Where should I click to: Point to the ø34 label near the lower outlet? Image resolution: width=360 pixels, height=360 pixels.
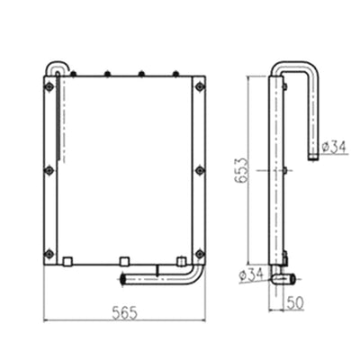252,274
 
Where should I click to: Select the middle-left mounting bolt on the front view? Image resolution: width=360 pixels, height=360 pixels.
49,169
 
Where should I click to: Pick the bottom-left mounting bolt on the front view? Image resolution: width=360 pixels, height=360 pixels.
49,252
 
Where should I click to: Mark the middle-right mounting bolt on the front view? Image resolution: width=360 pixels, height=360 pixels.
199,169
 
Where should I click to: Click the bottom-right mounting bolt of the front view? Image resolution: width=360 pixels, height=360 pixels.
199,252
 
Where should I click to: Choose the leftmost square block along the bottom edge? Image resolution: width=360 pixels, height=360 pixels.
67,262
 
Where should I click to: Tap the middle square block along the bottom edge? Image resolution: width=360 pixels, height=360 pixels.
124,262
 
